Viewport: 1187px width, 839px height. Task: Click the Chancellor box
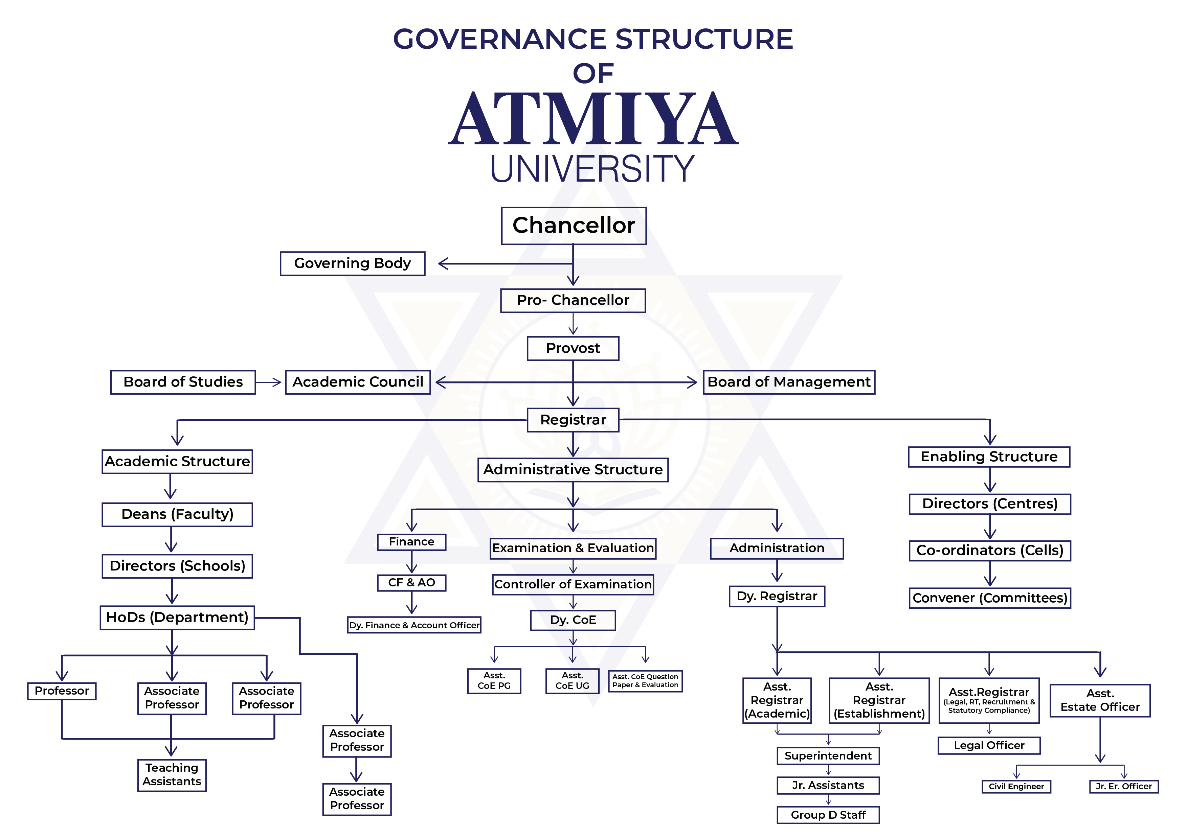[x=573, y=226]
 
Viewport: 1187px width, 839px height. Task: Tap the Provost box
[x=573, y=348]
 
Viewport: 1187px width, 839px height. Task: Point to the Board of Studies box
[x=183, y=382]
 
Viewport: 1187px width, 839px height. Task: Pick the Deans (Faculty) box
[x=177, y=515]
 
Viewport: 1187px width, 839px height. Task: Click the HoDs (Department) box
[x=177, y=617]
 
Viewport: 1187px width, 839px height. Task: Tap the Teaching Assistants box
[x=172, y=775]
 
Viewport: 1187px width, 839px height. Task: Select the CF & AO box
[x=411, y=583]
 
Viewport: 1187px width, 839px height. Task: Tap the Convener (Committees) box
[x=989, y=598]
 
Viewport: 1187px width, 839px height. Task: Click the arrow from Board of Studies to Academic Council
[x=269, y=382]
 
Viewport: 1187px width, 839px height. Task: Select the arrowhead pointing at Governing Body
[x=443, y=263]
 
